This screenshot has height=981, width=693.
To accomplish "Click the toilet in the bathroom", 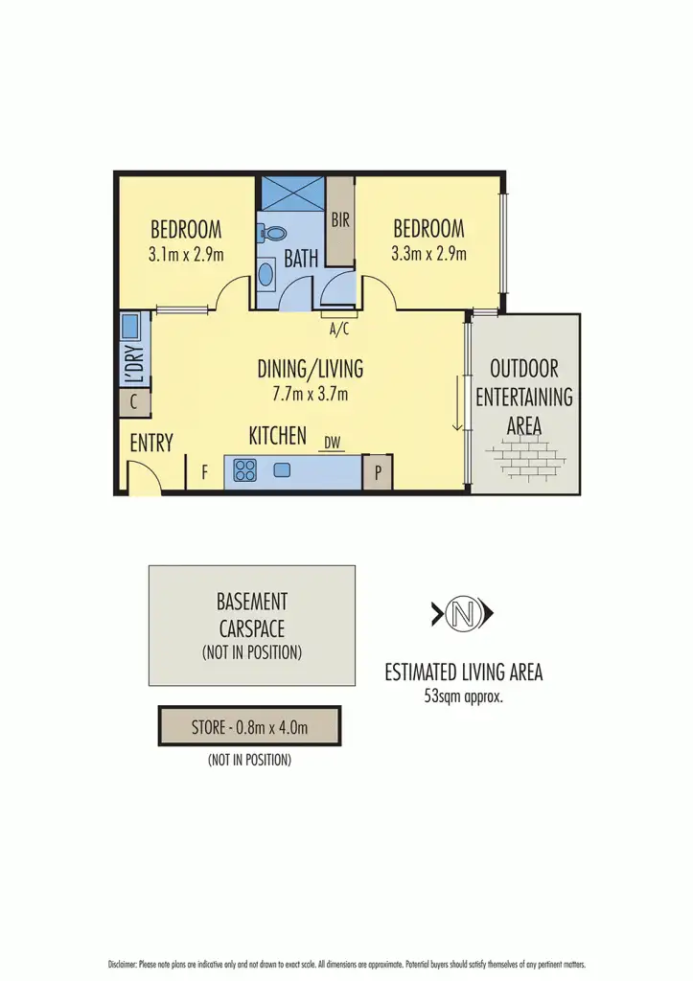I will (274, 233).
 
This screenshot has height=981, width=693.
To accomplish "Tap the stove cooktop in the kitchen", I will (245, 470).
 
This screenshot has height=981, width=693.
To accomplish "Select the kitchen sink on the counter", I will (282, 470).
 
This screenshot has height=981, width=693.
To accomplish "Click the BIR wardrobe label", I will (340, 219).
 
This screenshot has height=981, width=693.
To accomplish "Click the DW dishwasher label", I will (333, 443).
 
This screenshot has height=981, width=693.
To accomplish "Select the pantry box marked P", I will (378, 472).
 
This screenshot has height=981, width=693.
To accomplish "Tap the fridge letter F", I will (203, 472).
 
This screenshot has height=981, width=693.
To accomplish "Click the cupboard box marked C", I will (134, 402).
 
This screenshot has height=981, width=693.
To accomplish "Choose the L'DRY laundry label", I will (135, 365).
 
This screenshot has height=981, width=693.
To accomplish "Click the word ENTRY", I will (151, 443).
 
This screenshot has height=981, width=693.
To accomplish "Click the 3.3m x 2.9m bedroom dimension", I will (428, 255).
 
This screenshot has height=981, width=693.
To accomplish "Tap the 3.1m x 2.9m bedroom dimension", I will (186, 255).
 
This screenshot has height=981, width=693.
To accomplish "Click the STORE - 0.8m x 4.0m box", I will (249, 727).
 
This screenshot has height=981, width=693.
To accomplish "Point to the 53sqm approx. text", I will (463, 696).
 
